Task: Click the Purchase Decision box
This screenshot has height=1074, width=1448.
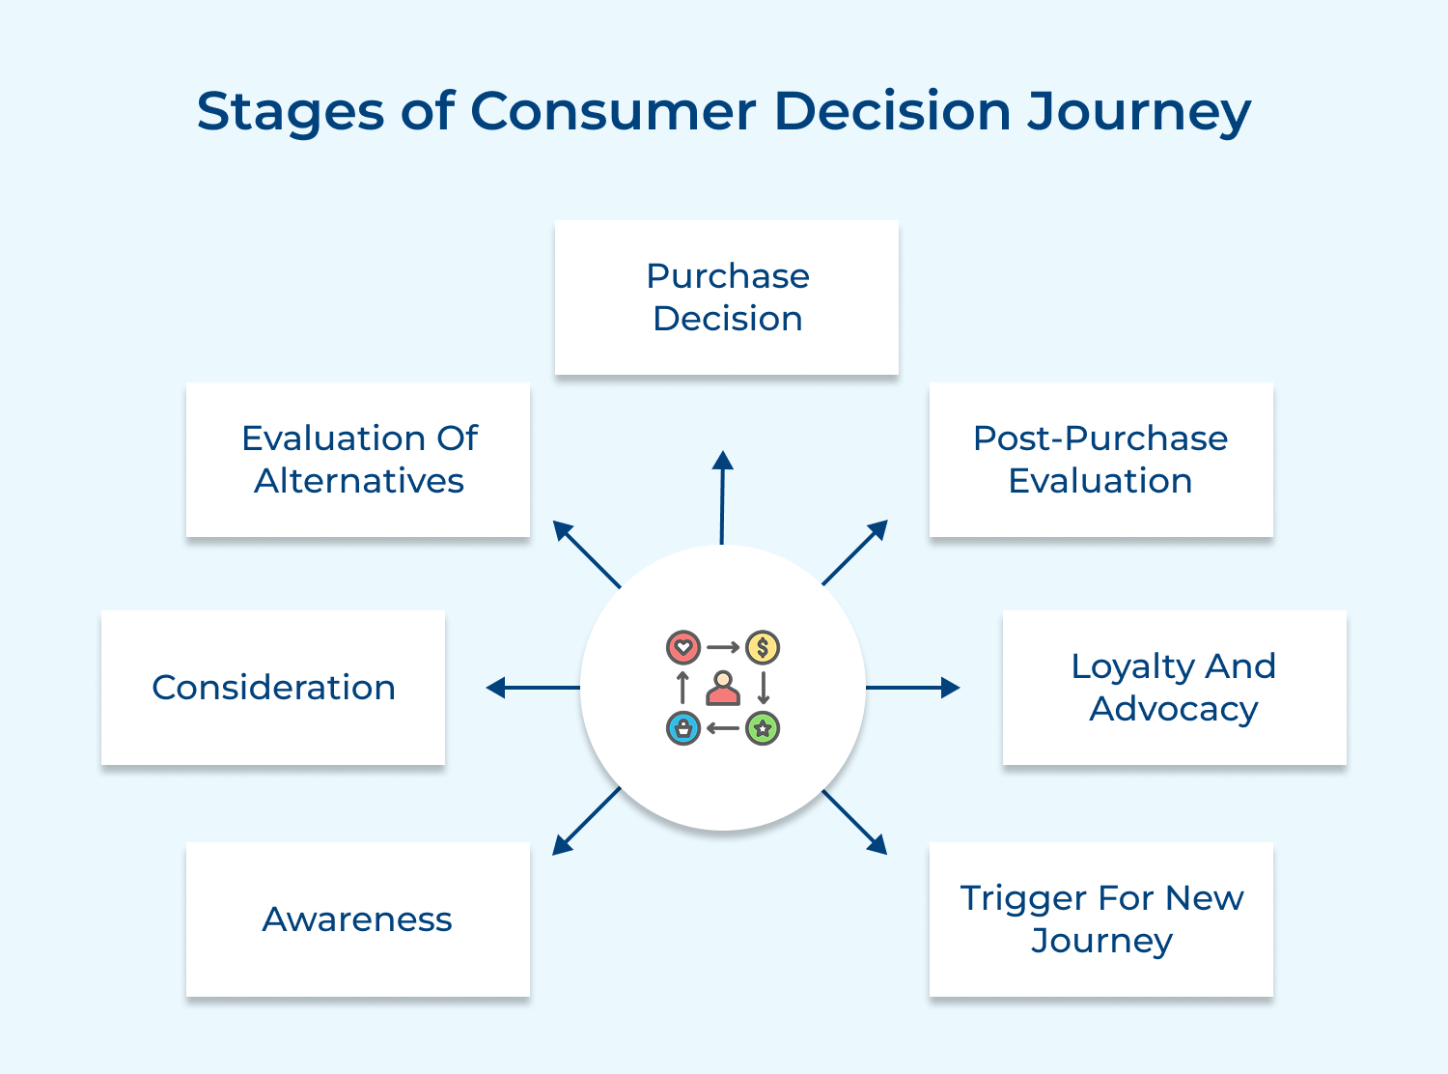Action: point(726,297)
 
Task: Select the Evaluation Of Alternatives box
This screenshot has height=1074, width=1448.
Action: point(358,460)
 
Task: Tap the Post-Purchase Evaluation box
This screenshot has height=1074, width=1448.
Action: point(1100,460)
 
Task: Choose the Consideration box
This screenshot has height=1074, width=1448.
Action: point(273,688)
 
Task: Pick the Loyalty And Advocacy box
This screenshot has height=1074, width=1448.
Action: point(1174,688)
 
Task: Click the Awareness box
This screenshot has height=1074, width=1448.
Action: point(358,919)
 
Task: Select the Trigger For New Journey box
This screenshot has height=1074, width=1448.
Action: point(1100,919)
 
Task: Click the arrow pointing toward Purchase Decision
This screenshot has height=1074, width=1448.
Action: point(722,497)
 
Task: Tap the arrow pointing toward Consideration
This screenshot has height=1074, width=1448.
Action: point(533,688)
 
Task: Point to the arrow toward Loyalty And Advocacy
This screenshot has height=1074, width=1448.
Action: point(913,688)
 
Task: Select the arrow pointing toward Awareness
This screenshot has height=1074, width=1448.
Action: point(586,821)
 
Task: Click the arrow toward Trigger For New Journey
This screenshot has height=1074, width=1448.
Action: point(854,822)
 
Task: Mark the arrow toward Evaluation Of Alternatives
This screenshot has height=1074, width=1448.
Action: point(586,554)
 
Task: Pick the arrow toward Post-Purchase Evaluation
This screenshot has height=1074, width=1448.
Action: point(855,552)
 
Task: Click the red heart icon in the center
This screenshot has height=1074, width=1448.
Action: point(683,647)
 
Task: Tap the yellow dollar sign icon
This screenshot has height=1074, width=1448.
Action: point(763,647)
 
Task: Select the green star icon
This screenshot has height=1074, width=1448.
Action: point(763,728)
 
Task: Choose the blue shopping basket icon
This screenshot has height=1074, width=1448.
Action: point(683,728)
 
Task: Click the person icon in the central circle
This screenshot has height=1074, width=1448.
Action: point(723,689)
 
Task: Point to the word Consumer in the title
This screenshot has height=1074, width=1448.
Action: point(613,111)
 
